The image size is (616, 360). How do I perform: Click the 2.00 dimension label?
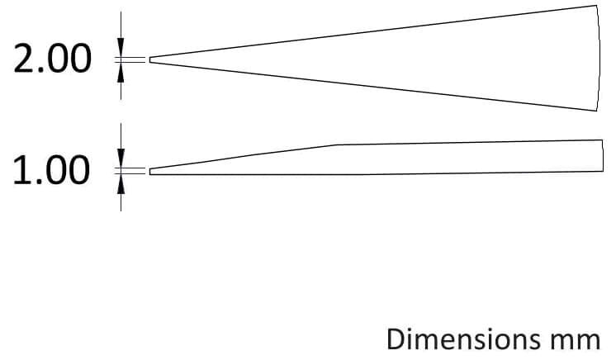pyautogui.click(x=53, y=59)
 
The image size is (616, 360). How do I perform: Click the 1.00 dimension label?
pyautogui.click(x=51, y=170)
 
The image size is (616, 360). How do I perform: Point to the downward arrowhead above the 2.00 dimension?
pyautogui.click(x=121, y=47)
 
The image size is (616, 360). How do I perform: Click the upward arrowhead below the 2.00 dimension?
pyautogui.click(x=121, y=73)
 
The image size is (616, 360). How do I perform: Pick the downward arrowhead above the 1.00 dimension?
pyautogui.click(x=121, y=159)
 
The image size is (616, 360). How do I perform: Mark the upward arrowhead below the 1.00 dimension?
pyautogui.click(x=121, y=184)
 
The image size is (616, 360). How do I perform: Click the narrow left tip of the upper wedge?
pyautogui.click(x=149, y=59)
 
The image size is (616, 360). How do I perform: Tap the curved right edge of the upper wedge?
pyautogui.click(x=599, y=58)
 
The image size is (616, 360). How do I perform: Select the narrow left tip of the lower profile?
pyautogui.click(x=149, y=172)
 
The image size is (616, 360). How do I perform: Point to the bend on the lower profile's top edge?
pyautogui.click(x=337, y=144)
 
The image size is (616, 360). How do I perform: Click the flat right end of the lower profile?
pyautogui.click(x=603, y=155)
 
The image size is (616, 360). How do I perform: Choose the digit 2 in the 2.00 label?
pyautogui.click(x=24, y=59)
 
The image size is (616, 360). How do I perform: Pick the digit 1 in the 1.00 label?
pyautogui.click(x=22, y=170)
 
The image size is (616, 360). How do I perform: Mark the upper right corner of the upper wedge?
pyautogui.click(x=596, y=6)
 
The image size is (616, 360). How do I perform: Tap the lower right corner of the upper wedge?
pyautogui.click(x=596, y=111)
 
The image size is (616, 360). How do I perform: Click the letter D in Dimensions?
pyautogui.click(x=396, y=339)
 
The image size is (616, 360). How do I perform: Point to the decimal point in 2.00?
pyautogui.click(x=40, y=70)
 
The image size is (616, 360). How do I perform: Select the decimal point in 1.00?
pyautogui.click(x=40, y=181)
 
